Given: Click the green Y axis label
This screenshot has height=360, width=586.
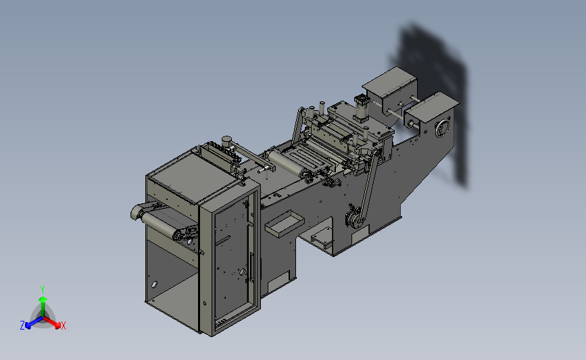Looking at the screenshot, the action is pos(43,290).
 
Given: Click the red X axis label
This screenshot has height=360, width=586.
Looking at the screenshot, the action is pos(63,326).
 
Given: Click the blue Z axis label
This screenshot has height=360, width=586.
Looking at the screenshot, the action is pos(22,326).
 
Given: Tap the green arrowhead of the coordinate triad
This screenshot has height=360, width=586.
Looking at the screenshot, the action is pos(43,299).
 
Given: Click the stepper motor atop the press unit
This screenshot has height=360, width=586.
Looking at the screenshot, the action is pos(361,107).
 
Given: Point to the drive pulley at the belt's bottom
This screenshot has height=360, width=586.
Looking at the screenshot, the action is pos(353,220).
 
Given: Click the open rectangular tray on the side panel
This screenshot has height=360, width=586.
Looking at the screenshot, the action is pos(284,223).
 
